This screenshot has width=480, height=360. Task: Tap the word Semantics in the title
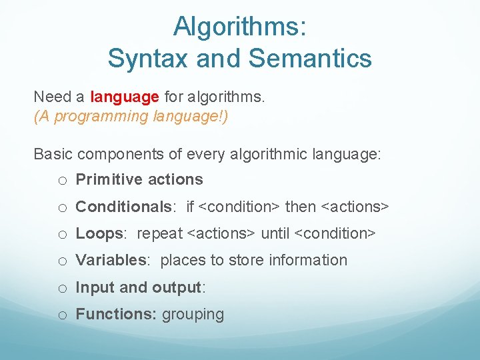click(x=311, y=59)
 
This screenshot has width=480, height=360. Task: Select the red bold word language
click(x=125, y=97)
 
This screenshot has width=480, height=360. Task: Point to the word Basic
click(x=53, y=154)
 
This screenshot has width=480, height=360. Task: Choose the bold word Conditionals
click(x=123, y=207)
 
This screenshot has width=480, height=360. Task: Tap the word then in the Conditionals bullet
click(x=301, y=207)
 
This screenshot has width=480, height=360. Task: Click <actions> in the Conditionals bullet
click(x=355, y=207)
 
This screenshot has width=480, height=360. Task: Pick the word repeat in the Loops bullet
click(x=159, y=233)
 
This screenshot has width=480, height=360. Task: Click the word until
click(x=275, y=233)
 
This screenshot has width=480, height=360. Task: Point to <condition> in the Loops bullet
click(x=335, y=233)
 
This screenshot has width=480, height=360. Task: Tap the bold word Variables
click(x=111, y=260)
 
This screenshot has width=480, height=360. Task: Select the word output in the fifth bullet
click(x=178, y=287)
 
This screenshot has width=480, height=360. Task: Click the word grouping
click(x=193, y=315)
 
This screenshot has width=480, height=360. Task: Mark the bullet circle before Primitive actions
click(x=61, y=181)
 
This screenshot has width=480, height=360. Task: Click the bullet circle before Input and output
click(x=61, y=288)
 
